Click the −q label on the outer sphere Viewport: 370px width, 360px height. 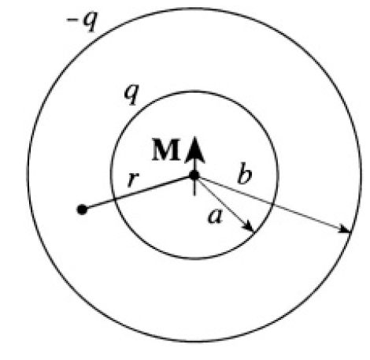(x=82, y=22)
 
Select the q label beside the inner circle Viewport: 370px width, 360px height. (x=131, y=95)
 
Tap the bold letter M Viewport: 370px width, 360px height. (x=166, y=150)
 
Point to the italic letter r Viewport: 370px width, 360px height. (x=133, y=180)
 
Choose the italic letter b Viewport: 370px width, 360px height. (x=245, y=173)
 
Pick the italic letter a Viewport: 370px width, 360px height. (x=215, y=217)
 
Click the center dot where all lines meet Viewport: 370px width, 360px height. (x=194, y=175)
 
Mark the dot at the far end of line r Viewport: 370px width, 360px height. (x=82, y=210)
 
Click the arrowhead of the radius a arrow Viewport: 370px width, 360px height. (x=249, y=227)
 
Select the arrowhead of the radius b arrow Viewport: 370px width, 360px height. (x=345, y=229)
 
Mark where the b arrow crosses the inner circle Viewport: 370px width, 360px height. (x=272, y=204)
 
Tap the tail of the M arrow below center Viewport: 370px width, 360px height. (x=194, y=195)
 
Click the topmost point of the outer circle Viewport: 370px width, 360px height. (x=194, y=8)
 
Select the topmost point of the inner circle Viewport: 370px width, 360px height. (x=194, y=91)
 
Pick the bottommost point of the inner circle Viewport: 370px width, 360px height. (x=194, y=259)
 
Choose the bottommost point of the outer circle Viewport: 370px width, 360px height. (x=194, y=342)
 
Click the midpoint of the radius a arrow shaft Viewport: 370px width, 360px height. (x=224, y=204)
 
